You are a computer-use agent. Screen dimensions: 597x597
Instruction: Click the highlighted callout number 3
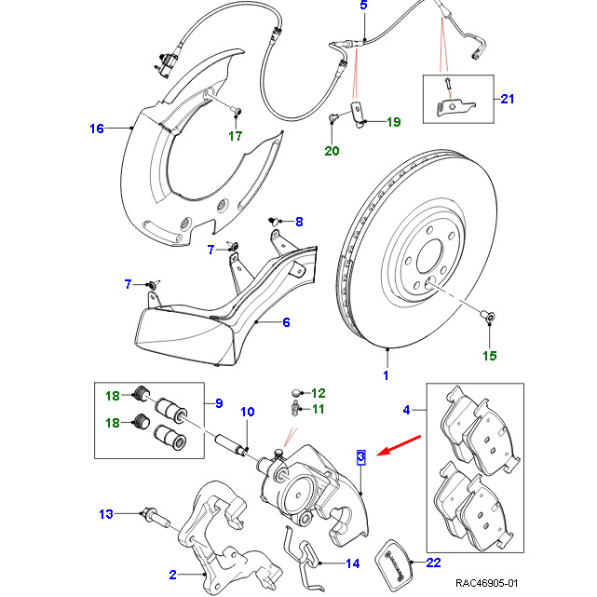pyautogui.click(x=360, y=456)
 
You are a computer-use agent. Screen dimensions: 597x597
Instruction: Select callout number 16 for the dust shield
pyautogui.click(x=97, y=129)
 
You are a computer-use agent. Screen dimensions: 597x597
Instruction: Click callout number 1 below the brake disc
pyautogui.click(x=386, y=376)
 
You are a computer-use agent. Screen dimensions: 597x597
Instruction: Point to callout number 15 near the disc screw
pyautogui.click(x=489, y=355)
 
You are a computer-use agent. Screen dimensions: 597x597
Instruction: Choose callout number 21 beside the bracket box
pyautogui.click(x=507, y=99)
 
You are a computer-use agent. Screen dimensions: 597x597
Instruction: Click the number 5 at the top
pyautogui.click(x=364, y=7)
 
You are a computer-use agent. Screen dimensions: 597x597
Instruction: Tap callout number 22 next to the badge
pyautogui.click(x=433, y=562)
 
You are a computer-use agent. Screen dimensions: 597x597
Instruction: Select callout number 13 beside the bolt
pyautogui.click(x=106, y=513)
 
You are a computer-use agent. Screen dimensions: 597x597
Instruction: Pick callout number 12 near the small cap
pyautogui.click(x=318, y=393)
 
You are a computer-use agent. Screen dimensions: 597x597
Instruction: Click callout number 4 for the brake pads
pyautogui.click(x=406, y=409)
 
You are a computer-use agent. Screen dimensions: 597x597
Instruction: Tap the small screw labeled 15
pyautogui.click(x=487, y=318)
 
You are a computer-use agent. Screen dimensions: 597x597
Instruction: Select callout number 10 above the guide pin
pyautogui.click(x=248, y=412)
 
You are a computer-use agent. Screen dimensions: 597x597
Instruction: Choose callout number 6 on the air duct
pyautogui.click(x=287, y=322)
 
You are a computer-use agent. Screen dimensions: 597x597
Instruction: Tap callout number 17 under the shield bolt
pyautogui.click(x=236, y=136)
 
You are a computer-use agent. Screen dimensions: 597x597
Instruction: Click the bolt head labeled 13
pyautogui.click(x=150, y=512)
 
